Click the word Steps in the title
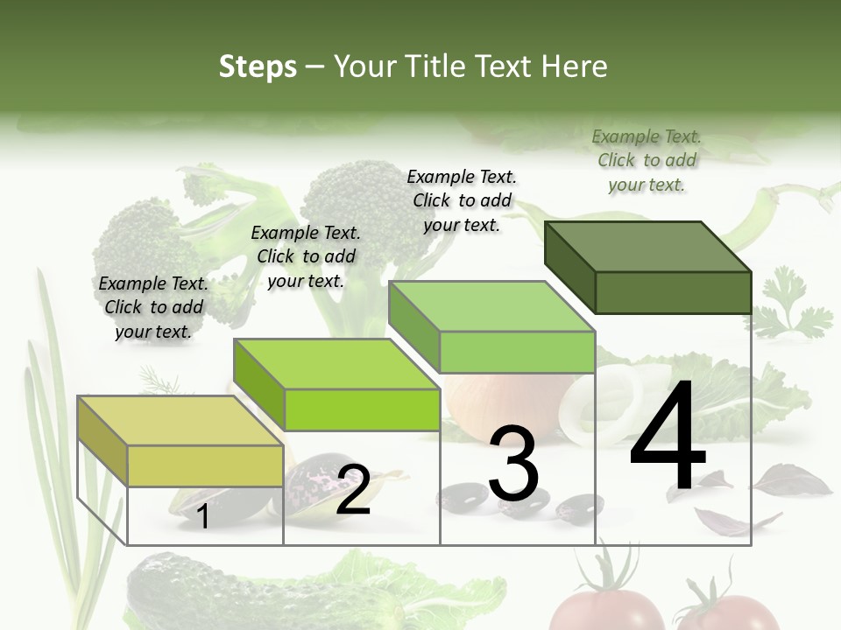point(258,66)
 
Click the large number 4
point(668,437)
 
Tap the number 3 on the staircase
point(513,464)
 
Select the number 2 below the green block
point(353,490)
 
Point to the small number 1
point(202,517)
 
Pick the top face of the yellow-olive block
point(180,421)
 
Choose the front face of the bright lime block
point(362,409)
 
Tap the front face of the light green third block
point(517,352)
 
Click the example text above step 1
point(153,307)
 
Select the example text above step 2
point(306,256)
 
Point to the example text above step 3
point(462,200)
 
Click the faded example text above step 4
point(647,160)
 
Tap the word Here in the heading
point(578,66)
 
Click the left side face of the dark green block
point(569,267)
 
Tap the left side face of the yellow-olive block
point(102,440)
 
